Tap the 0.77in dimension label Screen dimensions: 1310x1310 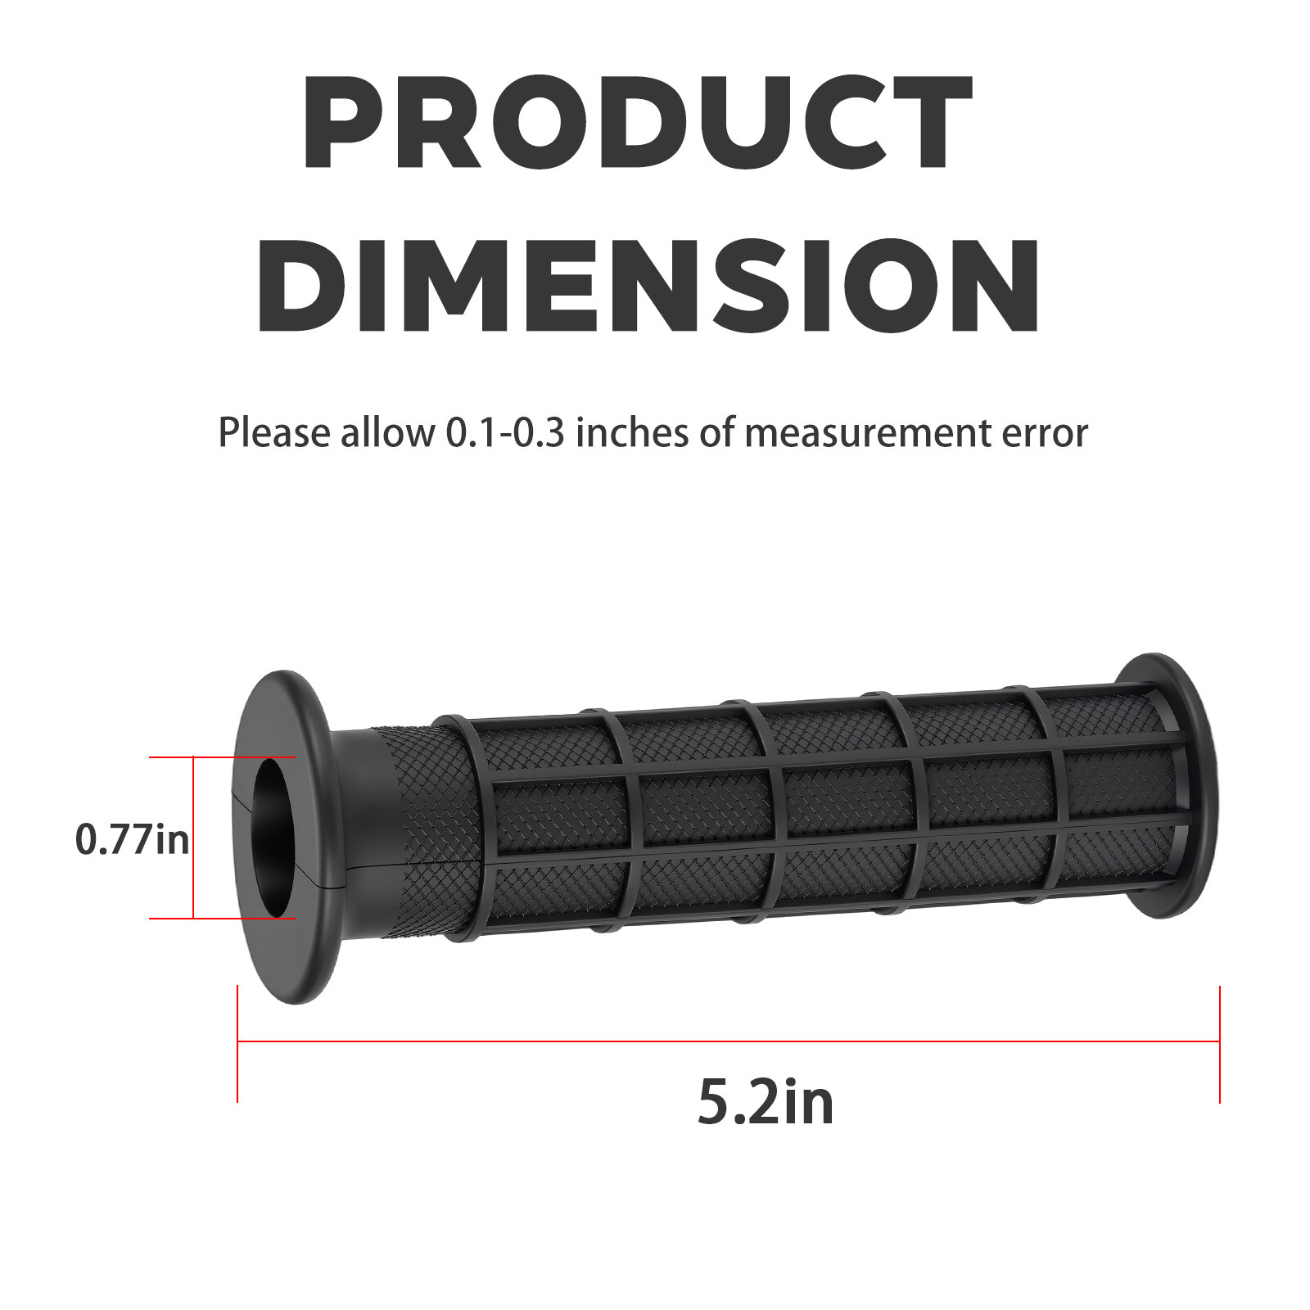click(x=132, y=839)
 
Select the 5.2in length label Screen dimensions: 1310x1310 click(x=766, y=1102)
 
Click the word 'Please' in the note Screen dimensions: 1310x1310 click(x=274, y=433)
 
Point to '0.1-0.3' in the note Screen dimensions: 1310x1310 click(x=505, y=432)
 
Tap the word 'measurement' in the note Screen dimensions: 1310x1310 click(x=869, y=434)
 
